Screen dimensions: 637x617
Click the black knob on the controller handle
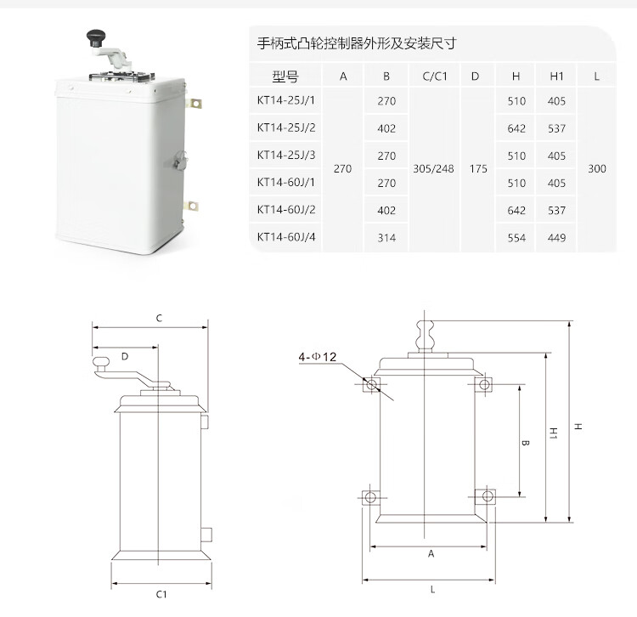tap(95, 37)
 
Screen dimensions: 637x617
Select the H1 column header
tap(556, 76)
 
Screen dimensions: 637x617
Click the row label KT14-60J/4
tap(286, 237)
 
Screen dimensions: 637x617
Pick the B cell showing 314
tap(386, 238)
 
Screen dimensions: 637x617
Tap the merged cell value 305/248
tap(433, 168)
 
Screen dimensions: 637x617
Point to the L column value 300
tap(597, 168)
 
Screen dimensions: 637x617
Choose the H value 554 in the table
tap(516, 238)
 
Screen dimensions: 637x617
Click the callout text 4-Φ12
tap(318, 357)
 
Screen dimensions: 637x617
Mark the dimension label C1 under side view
tap(161, 594)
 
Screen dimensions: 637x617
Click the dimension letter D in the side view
tap(125, 356)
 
